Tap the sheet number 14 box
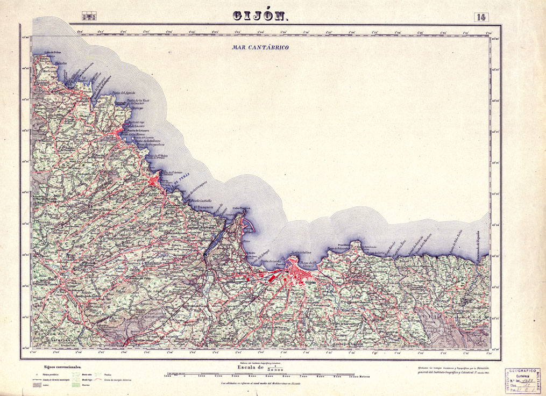point(481,17)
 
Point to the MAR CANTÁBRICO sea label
point(260,48)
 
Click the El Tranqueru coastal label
point(197,206)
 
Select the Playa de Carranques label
point(196,192)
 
